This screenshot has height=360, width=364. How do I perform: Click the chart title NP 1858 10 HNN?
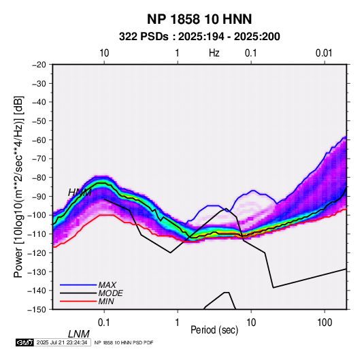coord(199,19)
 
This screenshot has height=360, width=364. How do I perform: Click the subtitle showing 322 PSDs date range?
coord(199,37)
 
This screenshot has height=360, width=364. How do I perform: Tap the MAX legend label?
coord(107,285)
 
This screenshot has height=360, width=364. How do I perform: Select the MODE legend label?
coord(110,293)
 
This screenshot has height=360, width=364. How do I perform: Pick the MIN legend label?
coord(106,301)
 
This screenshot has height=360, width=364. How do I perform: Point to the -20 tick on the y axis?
coord(39,65)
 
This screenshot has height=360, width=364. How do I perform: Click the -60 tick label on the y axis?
coord(39,140)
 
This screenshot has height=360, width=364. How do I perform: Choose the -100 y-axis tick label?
coord(37,215)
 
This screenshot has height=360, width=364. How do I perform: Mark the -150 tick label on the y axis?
coord(37,310)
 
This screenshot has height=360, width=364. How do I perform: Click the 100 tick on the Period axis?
coord(325,322)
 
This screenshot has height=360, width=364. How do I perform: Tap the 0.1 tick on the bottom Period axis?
coord(104,322)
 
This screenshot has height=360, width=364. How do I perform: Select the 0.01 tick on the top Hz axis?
coord(324,53)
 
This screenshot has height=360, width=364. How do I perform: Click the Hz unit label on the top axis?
coord(214,53)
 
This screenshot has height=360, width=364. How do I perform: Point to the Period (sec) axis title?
coord(214,330)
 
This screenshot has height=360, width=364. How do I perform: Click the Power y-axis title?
coord(18,187)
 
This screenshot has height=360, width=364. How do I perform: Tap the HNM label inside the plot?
coord(80,193)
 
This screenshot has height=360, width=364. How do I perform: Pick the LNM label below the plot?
coord(79,334)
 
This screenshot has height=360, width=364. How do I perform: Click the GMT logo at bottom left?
coord(24,342)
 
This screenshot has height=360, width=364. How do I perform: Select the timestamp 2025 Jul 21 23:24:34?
coord(62,342)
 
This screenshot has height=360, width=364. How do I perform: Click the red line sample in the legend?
coord(78,301)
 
